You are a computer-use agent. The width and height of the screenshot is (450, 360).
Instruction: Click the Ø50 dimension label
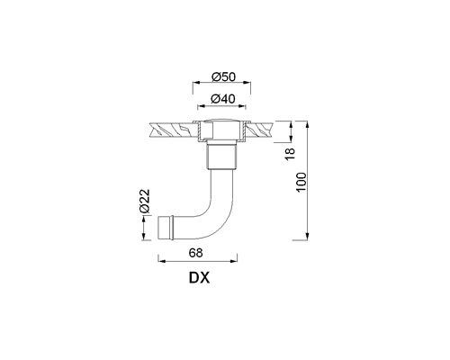[x=223, y=76]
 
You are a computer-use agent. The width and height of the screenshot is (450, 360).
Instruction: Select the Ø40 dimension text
[x=223, y=99]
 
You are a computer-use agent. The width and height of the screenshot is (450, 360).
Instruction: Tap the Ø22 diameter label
[x=145, y=201]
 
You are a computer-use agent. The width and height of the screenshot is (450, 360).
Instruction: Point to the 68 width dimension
[x=196, y=253]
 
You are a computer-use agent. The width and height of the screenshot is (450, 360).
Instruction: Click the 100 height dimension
[x=301, y=182]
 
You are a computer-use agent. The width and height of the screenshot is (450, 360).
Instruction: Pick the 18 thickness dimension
[x=290, y=154]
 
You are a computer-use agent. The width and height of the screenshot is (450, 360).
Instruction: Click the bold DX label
[x=199, y=278]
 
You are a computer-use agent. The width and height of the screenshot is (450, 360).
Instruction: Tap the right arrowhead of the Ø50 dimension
[x=247, y=82]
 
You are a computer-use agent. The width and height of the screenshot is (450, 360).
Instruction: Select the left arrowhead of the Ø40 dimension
[x=202, y=105]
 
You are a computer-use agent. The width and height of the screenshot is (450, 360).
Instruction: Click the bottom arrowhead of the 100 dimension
[x=307, y=236]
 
